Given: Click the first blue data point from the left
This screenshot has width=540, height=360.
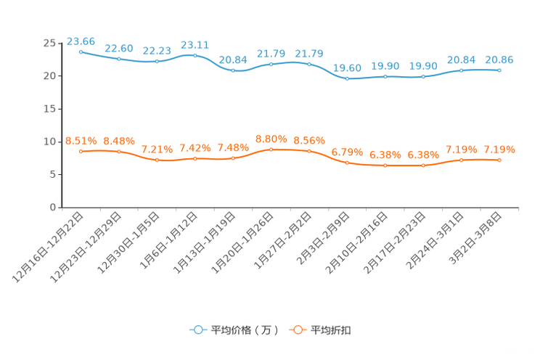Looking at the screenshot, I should (x=81, y=52).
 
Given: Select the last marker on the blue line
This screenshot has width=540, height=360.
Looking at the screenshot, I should (x=499, y=70).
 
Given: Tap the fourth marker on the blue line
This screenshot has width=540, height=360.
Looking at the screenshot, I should (x=195, y=55).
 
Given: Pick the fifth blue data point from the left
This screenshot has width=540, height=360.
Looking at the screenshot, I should (x=233, y=70).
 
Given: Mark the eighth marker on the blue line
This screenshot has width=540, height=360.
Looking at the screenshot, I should (x=348, y=78).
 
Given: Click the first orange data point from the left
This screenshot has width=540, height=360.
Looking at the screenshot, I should (x=81, y=151).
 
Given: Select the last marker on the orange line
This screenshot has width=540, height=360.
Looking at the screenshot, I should (x=499, y=160).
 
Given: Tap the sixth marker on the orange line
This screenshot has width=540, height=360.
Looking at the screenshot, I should (x=271, y=150).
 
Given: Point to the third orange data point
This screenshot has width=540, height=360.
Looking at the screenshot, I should (x=157, y=160).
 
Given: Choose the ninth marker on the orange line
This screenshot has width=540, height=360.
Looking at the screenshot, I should (x=385, y=165).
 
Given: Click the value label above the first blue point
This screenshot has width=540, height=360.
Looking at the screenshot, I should (x=81, y=41).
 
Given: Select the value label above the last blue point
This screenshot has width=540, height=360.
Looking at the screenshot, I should (x=499, y=59).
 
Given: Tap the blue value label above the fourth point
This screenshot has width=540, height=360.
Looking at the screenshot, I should (x=195, y=44).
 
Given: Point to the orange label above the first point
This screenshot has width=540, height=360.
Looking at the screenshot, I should (x=81, y=140).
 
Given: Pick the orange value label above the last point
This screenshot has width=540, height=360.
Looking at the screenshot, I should (x=499, y=149).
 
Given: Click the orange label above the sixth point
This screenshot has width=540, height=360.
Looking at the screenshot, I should (x=271, y=139).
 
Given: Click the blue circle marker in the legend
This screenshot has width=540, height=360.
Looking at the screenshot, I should (x=197, y=330).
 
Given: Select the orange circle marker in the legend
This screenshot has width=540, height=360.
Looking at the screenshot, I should (x=297, y=330).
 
